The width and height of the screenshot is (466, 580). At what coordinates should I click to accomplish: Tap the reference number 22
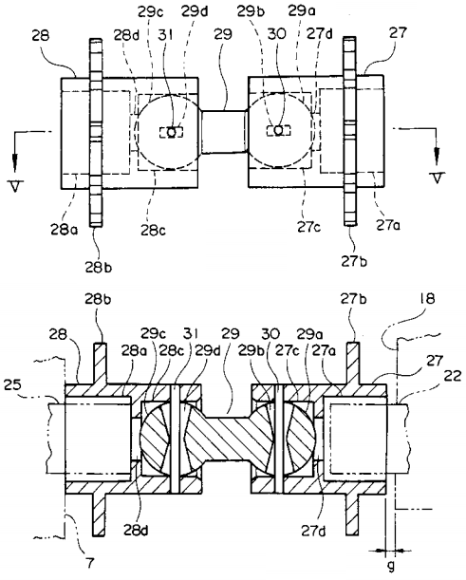tap(452, 377)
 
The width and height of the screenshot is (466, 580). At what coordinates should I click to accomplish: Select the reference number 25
tap(12, 385)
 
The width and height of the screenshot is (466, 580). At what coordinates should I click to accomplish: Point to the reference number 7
tap(90, 564)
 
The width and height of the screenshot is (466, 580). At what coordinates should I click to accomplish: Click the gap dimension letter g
tap(391, 566)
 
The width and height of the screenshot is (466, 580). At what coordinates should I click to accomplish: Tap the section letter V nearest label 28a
tap(15, 186)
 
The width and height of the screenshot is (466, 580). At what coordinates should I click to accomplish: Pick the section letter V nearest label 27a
tap(438, 178)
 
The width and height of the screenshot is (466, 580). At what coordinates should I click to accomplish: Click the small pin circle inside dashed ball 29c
tap(171, 132)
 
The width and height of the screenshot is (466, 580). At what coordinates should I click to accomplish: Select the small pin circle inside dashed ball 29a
tap(279, 130)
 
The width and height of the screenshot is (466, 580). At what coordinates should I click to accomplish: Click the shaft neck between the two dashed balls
tap(224, 131)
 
